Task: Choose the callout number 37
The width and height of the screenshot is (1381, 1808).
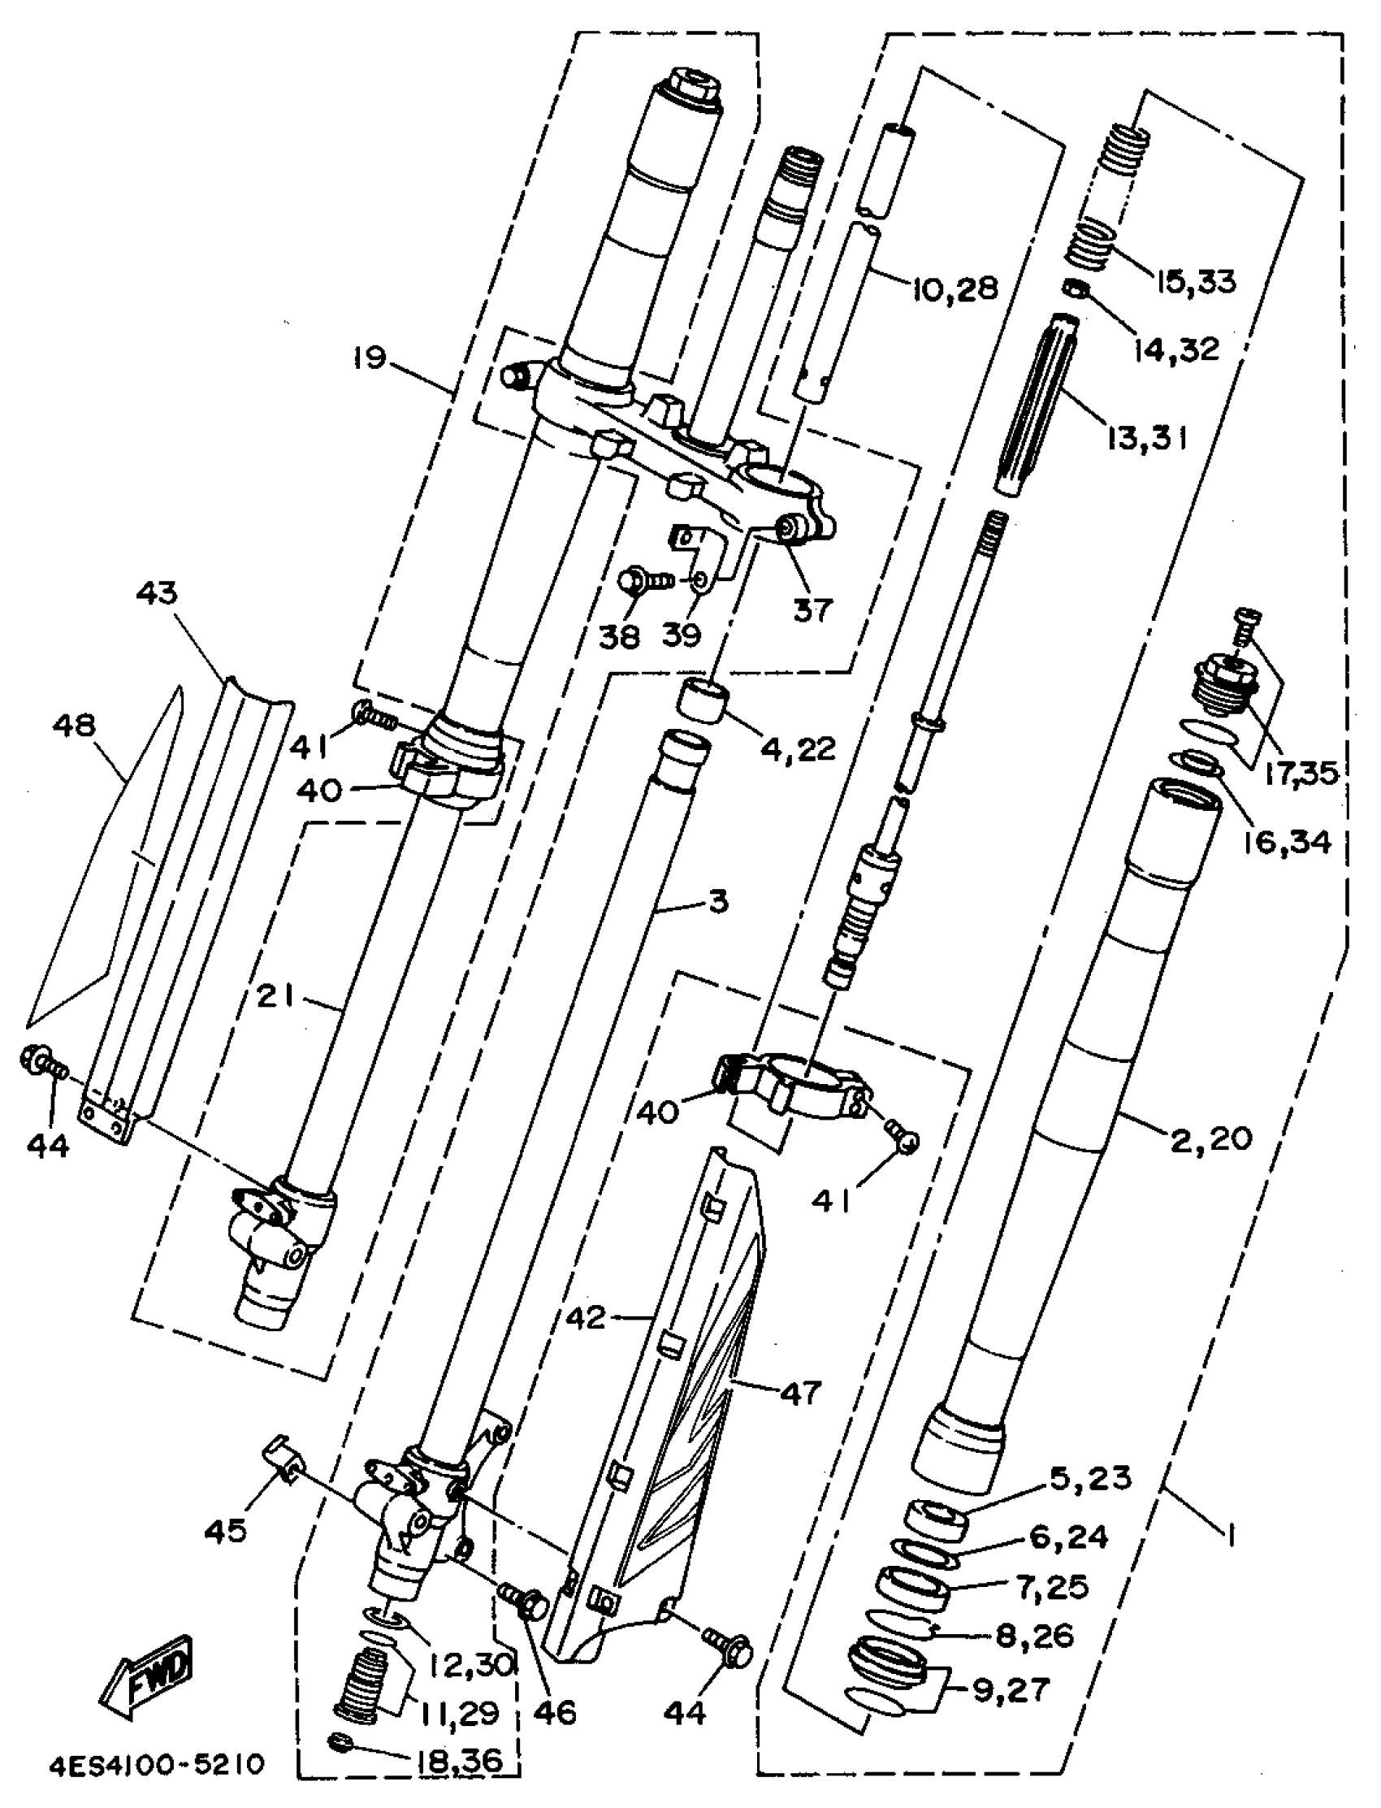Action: tap(812, 610)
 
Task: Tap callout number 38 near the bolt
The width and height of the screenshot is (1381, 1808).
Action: tap(619, 635)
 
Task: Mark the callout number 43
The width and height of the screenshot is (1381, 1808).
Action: tap(157, 593)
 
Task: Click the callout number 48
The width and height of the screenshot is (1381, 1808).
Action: tap(73, 725)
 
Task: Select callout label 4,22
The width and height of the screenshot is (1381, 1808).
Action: tap(797, 748)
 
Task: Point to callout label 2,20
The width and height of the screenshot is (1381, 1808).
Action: tap(1211, 1138)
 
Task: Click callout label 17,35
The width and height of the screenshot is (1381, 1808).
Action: tap(1301, 773)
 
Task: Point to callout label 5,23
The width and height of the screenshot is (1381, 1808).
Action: tap(1091, 1478)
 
